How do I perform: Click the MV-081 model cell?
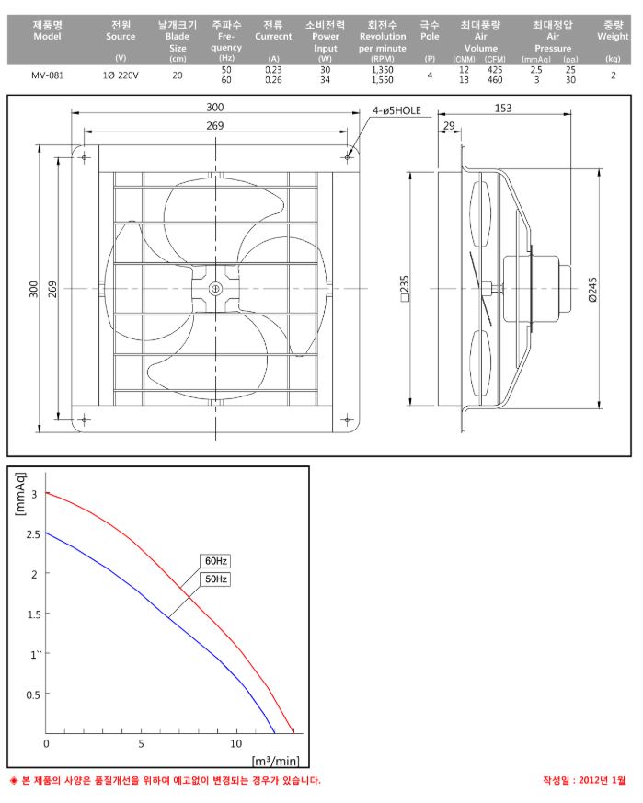click(x=47, y=75)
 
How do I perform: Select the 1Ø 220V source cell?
click(x=121, y=75)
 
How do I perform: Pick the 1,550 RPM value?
click(x=383, y=80)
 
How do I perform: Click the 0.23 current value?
click(x=273, y=70)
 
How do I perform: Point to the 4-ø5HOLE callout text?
click(x=396, y=110)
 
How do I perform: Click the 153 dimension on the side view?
click(x=503, y=108)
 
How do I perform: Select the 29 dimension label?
click(x=449, y=125)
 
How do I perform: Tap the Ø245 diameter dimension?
click(x=592, y=290)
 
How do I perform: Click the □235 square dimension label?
click(x=405, y=289)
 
